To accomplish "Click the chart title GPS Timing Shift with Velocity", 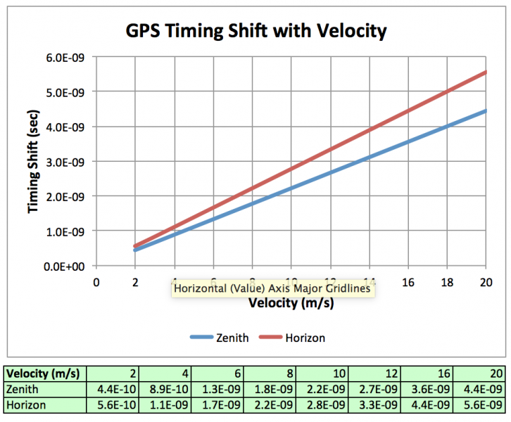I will pyautogui.click(x=256, y=31).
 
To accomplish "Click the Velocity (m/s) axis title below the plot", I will pyautogui.click(x=291, y=304).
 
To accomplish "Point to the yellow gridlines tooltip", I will pyautogui.click(x=271, y=288).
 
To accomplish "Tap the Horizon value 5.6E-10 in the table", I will pyautogui.click(x=118, y=405).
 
